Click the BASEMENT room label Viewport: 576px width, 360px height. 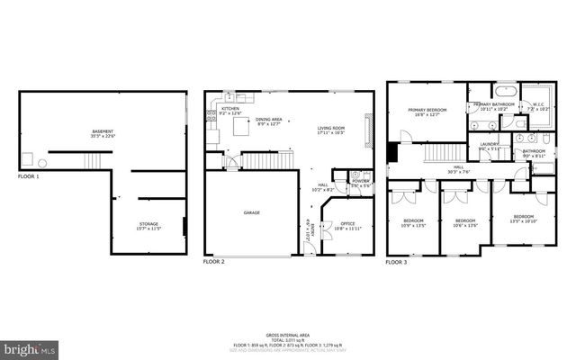103,132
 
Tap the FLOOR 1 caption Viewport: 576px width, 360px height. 29,176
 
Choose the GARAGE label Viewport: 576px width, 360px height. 251,213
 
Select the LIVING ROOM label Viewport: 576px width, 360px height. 330,128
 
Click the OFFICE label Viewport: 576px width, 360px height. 347,223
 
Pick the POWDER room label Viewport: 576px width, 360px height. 361,181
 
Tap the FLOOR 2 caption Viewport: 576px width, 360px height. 213,262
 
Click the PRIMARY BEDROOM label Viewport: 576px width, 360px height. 427,110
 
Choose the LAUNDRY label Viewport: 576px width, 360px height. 489,144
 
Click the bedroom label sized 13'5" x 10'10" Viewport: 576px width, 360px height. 524,216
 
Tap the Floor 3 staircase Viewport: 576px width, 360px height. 442,152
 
